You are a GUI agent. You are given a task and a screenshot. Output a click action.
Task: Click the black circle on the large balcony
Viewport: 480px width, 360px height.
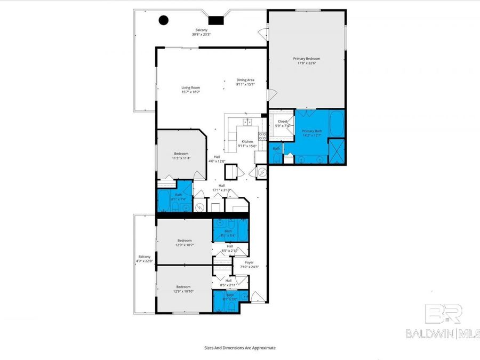point(164,21)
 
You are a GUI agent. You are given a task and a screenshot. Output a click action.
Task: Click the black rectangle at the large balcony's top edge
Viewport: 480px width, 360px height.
point(215,20)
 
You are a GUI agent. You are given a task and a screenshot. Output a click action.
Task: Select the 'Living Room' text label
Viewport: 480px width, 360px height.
point(190,87)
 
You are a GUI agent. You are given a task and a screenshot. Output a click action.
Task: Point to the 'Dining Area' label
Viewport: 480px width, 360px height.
point(245,80)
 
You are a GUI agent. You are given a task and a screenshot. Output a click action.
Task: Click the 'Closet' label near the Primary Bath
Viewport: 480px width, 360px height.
point(282,121)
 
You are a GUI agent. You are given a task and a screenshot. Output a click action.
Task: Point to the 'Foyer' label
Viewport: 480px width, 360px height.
point(249,262)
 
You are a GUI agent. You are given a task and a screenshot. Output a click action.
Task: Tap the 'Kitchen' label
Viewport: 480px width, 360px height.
point(247,141)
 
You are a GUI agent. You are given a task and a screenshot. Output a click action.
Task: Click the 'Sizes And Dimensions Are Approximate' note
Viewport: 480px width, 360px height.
point(240,348)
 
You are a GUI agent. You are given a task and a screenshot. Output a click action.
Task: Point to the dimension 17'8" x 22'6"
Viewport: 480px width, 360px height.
point(307,63)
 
